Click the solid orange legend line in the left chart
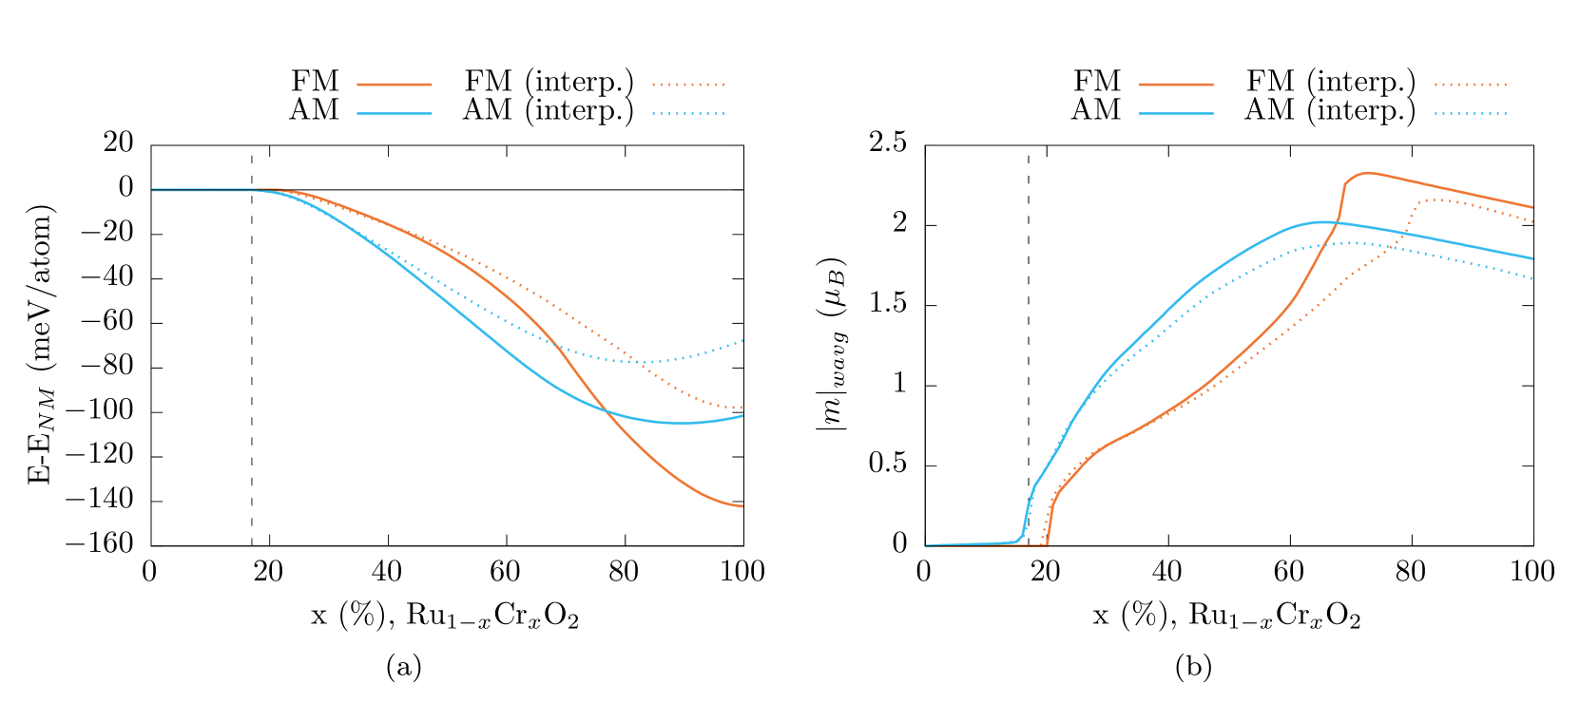tap(395, 85)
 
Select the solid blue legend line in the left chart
tap(395, 113)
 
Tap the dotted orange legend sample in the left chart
tap(688, 85)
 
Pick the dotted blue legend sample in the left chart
tap(688, 113)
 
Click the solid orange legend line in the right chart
tap(1176, 85)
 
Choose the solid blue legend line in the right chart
tap(1176, 113)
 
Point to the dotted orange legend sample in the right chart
tap(1471, 85)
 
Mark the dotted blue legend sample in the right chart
tap(1471, 113)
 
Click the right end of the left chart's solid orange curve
tap(742, 506)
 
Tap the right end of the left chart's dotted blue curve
tap(742, 340)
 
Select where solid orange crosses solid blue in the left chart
tap(605, 409)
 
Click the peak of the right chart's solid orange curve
tap(1367, 173)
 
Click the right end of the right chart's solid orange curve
tap(1532, 207)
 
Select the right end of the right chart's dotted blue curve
tap(1532, 278)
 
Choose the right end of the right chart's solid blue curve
tap(1532, 258)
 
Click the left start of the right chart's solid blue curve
tap(927, 545)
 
